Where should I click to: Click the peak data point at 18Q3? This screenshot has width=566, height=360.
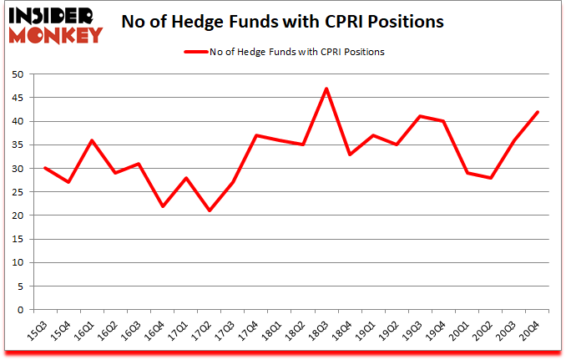pyautogui.click(x=326, y=89)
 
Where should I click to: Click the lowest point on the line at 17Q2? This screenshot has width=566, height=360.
pyautogui.click(x=209, y=210)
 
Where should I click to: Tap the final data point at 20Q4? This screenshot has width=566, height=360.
pyautogui.click(x=538, y=112)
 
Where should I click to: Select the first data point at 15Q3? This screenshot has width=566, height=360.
pyautogui.click(x=44, y=168)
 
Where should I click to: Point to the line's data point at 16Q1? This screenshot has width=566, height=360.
pyautogui.click(x=91, y=140)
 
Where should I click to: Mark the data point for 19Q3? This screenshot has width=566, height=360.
pyautogui.click(x=420, y=116)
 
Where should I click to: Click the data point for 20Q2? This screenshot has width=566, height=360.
pyautogui.click(x=491, y=178)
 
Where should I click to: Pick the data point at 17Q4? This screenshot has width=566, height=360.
pyautogui.click(x=255, y=135)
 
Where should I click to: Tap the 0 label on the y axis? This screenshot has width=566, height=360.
pyautogui.click(x=19, y=310)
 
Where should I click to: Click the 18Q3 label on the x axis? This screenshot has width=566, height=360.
pyautogui.click(x=319, y=333)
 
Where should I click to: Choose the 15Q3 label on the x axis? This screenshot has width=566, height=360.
pyautogui.click(x=37, y=333)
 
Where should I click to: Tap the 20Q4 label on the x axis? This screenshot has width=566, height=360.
pyautogui.click(x=530, y=333)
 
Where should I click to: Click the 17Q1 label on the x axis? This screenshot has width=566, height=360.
pyautogui.click(x=178, y=333)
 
